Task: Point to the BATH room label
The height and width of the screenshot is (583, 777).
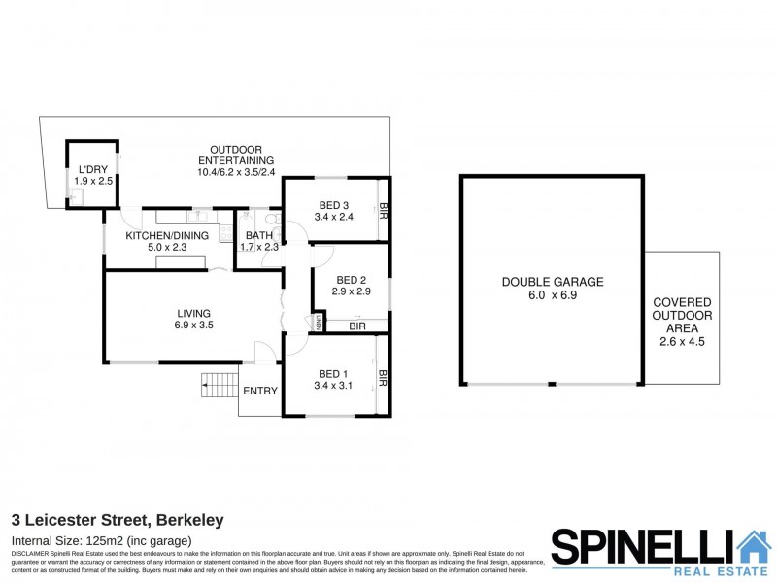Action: [259, 235]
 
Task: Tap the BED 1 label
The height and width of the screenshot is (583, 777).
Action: [332, 374]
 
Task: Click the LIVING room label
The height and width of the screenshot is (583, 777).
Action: [194, 313]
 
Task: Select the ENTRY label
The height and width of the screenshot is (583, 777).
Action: [260, 392]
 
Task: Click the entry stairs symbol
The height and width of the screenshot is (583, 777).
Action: [219, 387]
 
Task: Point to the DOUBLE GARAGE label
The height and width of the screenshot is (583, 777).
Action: [553, 282]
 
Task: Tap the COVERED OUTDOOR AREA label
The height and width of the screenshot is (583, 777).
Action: [681, 316]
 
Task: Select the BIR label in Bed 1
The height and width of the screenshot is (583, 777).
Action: [384, 379]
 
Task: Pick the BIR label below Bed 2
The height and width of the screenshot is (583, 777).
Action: [356, 326]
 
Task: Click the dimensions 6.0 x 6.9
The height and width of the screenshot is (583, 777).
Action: [553, 296]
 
